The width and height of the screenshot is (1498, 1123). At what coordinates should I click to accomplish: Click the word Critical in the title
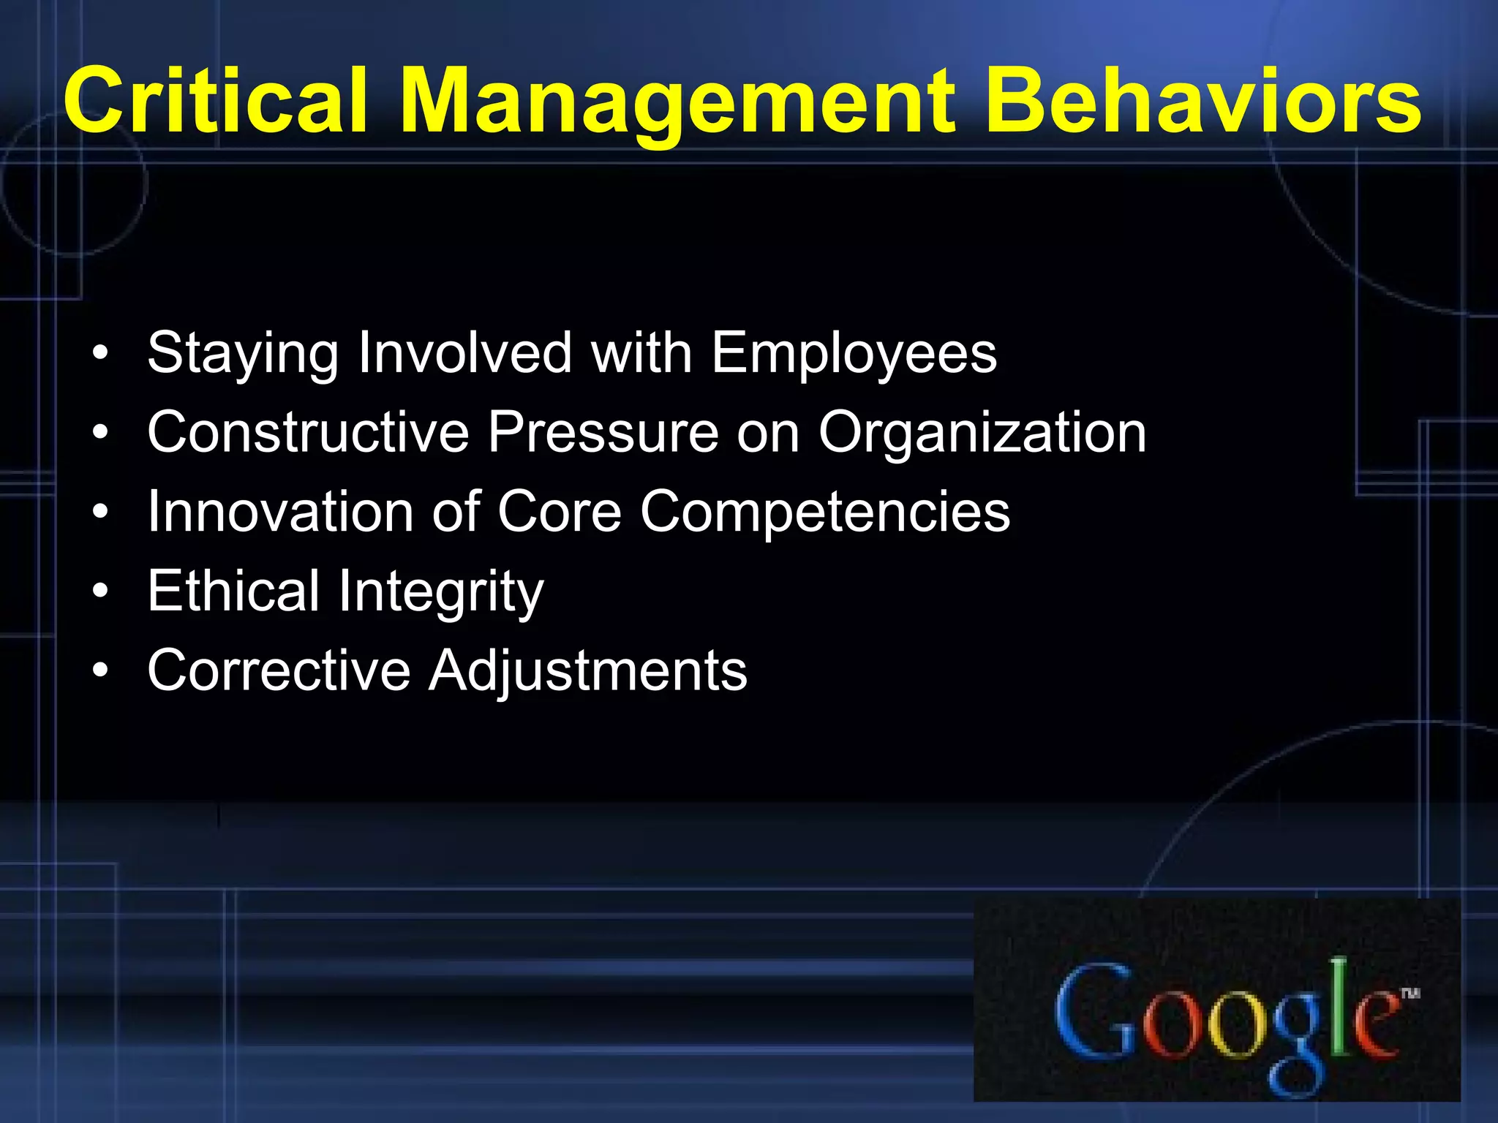[x=214, y=101]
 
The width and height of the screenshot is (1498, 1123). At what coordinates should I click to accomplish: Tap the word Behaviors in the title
[x=1203, y=101]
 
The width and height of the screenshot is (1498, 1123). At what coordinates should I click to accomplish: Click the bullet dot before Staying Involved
[x=101, y=353]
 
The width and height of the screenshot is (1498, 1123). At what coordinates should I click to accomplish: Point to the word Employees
[x=854, y=353]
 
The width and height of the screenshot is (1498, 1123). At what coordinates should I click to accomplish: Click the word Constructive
[x=308, y=432]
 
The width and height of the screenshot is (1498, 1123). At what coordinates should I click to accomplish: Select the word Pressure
[x=603, y=432]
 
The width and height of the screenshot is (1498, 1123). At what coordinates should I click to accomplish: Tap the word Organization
[x=982, y=432]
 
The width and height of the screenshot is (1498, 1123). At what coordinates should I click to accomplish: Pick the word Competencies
[x=825, y=511]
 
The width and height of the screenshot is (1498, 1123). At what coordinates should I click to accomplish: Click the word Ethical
[x=233, y=591]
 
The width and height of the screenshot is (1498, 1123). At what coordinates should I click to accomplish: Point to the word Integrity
[x=441, y=591]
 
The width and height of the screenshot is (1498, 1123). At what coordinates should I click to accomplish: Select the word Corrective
[x=279, y=670]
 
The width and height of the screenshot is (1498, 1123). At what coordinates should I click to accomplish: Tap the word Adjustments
[x=588, y=670]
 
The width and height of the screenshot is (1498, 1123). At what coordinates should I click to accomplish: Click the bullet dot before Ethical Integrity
[x=101, y=591]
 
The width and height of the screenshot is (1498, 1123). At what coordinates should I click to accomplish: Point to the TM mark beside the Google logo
[x=1410, y=992]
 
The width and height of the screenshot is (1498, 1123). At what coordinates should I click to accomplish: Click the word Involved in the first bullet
[x=464, y=353]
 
